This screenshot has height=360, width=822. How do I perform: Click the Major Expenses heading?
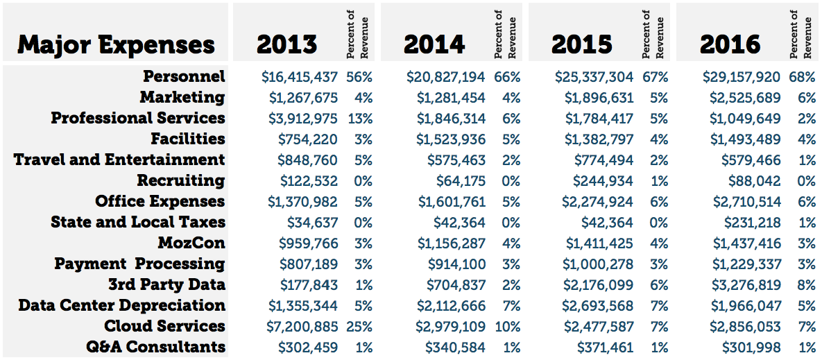coord(116,45)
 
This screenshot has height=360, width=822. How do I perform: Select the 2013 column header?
coord(287,45)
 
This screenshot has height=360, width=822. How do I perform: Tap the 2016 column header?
coord(730,45)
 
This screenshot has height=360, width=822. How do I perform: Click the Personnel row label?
coord(184,76)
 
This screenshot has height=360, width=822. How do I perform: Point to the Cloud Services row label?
coord(164,326)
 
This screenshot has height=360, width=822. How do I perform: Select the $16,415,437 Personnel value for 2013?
coord(300,77)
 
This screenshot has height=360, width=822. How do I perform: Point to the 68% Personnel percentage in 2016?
coord(803,77)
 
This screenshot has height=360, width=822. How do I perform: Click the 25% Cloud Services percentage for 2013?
coord(359,327)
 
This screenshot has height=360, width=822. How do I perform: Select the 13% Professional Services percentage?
coord(359,119)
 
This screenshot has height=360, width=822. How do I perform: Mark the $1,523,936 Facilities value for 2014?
coord(451,139)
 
